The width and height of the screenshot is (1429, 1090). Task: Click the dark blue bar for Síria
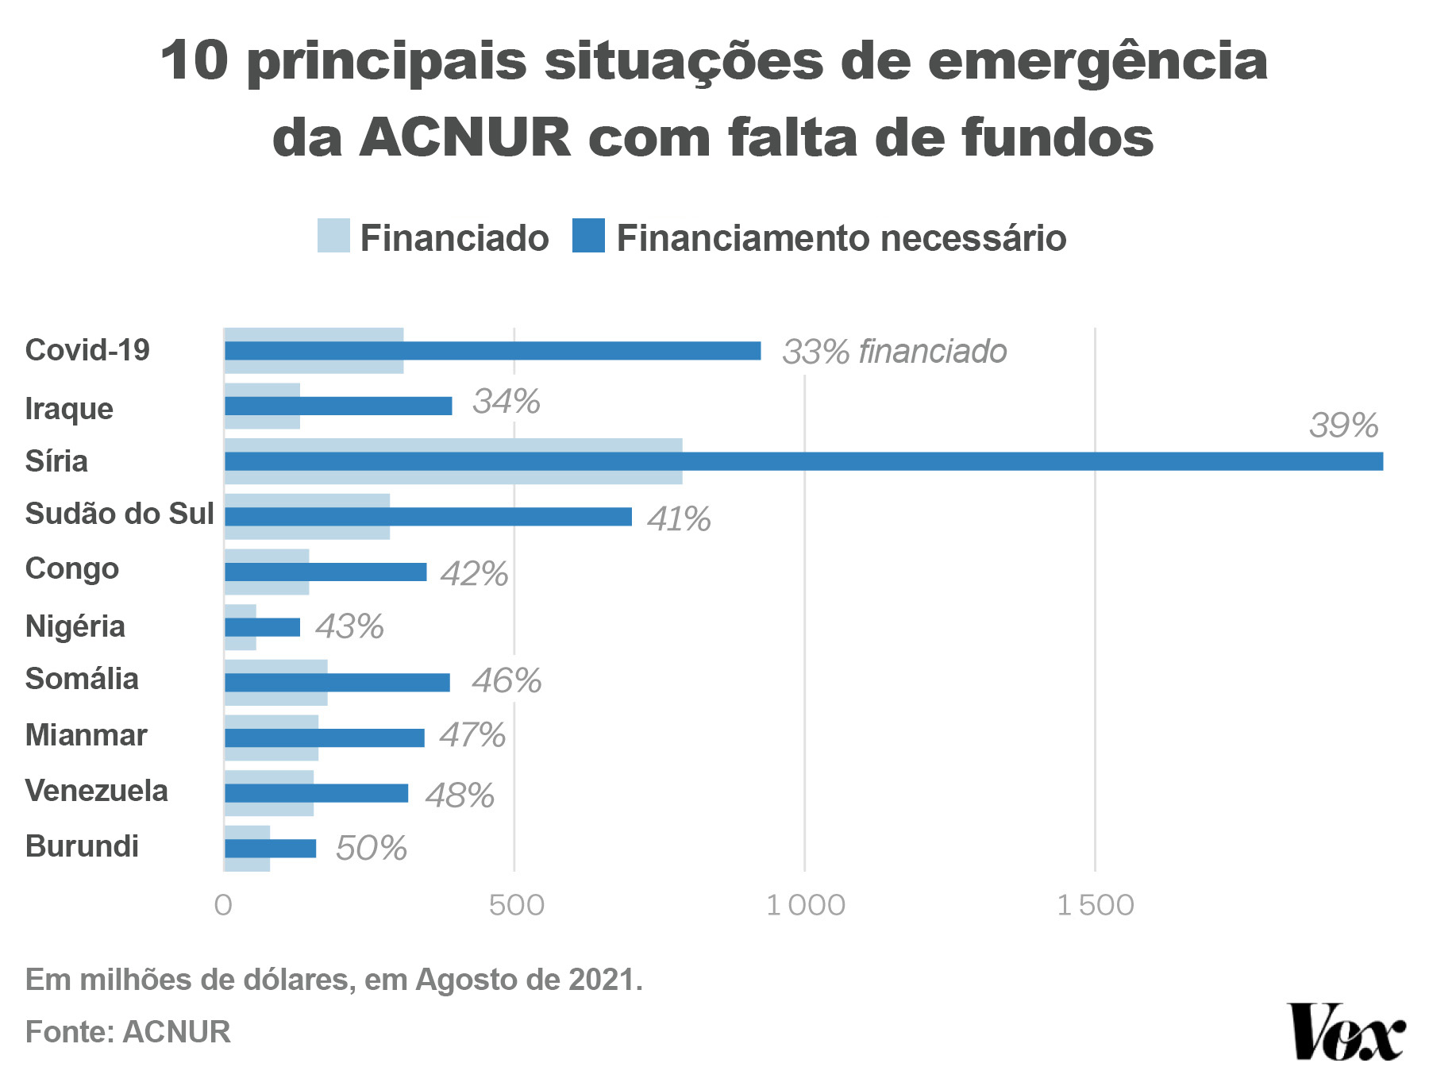[803, 461]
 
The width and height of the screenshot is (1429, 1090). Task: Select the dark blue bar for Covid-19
[492, 351]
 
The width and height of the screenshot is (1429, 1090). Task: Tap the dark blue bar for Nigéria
[262, 627]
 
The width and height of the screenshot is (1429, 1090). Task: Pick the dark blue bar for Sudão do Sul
[428, 517]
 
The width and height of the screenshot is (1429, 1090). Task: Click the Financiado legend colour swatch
[333, 236]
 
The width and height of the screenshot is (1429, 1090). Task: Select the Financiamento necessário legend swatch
[588, 236]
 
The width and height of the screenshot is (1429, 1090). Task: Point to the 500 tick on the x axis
[516, 905]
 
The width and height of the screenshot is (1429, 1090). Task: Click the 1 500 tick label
[1096, 905]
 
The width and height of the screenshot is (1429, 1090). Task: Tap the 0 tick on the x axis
[224, 905]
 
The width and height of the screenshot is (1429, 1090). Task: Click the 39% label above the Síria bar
[1343, 426]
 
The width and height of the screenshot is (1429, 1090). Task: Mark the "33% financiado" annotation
[894, 352]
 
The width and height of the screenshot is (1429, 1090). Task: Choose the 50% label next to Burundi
[371, 849]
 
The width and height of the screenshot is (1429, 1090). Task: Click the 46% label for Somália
[507, 681]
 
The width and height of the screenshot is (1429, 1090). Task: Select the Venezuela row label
[97, 791]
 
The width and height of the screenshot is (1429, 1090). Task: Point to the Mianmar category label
[86, 735]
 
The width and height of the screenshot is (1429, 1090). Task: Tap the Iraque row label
[69, 409]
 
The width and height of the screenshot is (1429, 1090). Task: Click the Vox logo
[1346, 1032]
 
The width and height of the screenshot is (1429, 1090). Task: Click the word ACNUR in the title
[465, 137]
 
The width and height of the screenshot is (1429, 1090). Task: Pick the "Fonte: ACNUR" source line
[128, 1032]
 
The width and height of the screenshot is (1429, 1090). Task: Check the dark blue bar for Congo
[325, 572]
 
